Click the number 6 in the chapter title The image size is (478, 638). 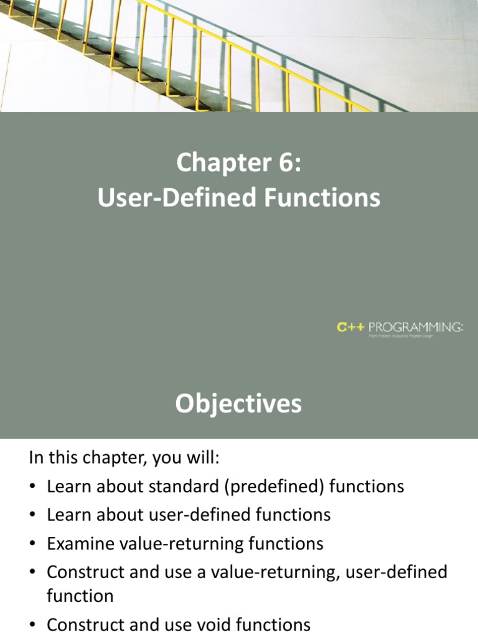(x=288, y=164)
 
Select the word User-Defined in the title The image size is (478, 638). (x=178, y=198)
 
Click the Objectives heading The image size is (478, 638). (x=238, y=404)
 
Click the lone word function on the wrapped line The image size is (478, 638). (x=80, y=596)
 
